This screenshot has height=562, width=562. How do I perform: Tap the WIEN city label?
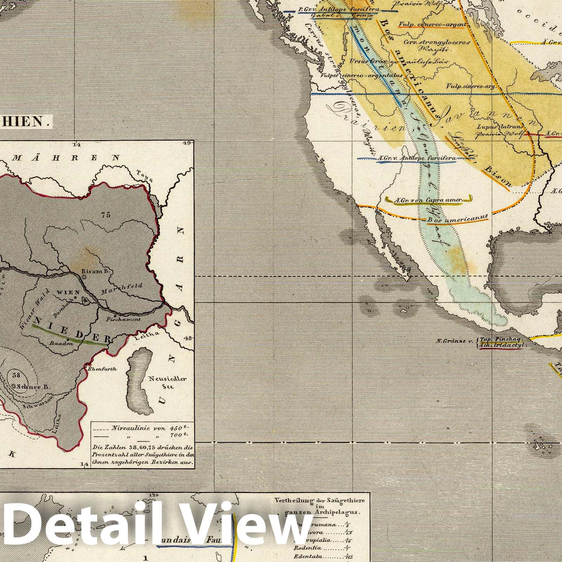(71, 292)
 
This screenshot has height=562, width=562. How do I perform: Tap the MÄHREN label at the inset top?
(66, 157)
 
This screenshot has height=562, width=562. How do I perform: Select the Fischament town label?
(124, 319)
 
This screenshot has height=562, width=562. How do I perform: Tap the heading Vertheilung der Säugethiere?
(319, 500)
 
